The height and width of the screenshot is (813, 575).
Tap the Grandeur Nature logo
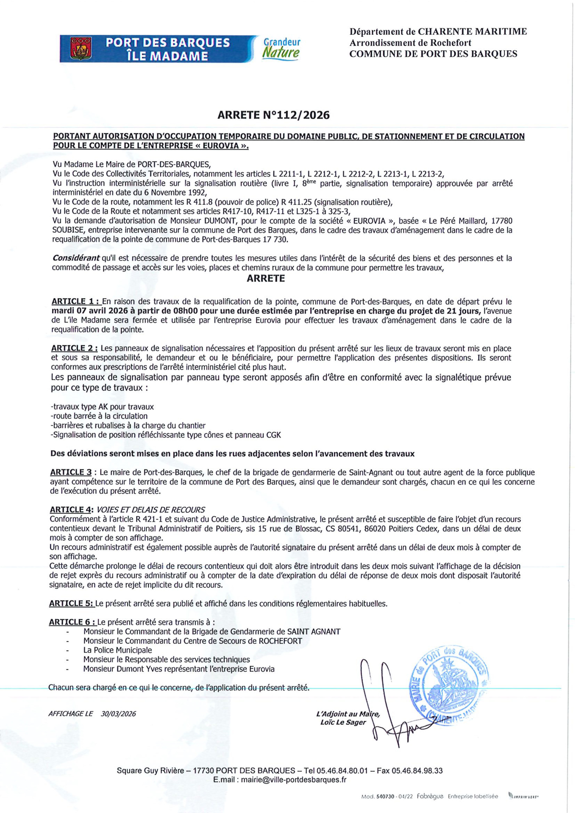pyautogui.click(x=282, y=48)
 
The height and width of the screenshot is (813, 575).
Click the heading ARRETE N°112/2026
pyautogui.click(x=273, y=115)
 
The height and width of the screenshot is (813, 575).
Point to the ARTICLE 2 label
pyautogui.click(x=74, y=348)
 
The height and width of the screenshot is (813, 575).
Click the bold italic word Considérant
pyautogui.click(x=76, y=259)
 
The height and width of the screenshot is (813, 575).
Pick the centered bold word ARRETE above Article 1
pyautogui.click(x=266, y=278)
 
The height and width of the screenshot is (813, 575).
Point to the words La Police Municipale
pyautogui.click(x=118, y=650)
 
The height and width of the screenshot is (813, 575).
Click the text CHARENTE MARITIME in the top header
pyautogui.click(x=472, y=31)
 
